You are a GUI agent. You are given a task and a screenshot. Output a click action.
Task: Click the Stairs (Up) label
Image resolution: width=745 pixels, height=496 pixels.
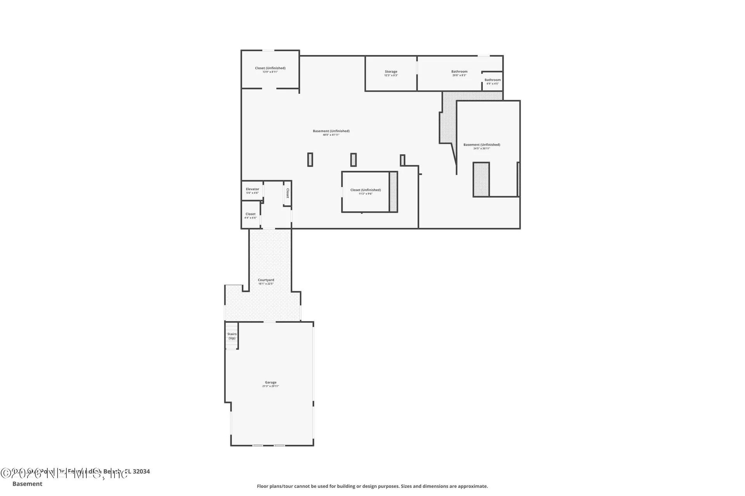232,336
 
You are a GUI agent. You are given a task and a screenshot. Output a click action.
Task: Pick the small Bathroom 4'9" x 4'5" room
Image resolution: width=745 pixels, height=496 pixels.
492,81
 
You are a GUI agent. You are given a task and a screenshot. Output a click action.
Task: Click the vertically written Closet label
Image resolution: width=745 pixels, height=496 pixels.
288,193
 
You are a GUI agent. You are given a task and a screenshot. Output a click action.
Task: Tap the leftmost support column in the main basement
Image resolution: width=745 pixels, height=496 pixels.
310,160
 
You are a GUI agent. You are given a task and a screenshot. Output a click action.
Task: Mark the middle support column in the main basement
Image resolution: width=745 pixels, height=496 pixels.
353,160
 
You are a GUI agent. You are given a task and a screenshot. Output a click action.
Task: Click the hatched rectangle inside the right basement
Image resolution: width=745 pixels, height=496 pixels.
481,179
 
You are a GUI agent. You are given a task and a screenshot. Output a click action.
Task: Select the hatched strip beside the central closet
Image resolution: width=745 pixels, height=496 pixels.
393,192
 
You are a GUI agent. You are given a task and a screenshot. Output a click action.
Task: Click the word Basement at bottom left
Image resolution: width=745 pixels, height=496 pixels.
27,484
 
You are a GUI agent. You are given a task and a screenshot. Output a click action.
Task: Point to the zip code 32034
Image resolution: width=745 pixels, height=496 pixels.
141,472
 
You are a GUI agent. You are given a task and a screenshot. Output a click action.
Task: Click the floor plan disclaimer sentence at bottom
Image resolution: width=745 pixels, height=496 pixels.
372,486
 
